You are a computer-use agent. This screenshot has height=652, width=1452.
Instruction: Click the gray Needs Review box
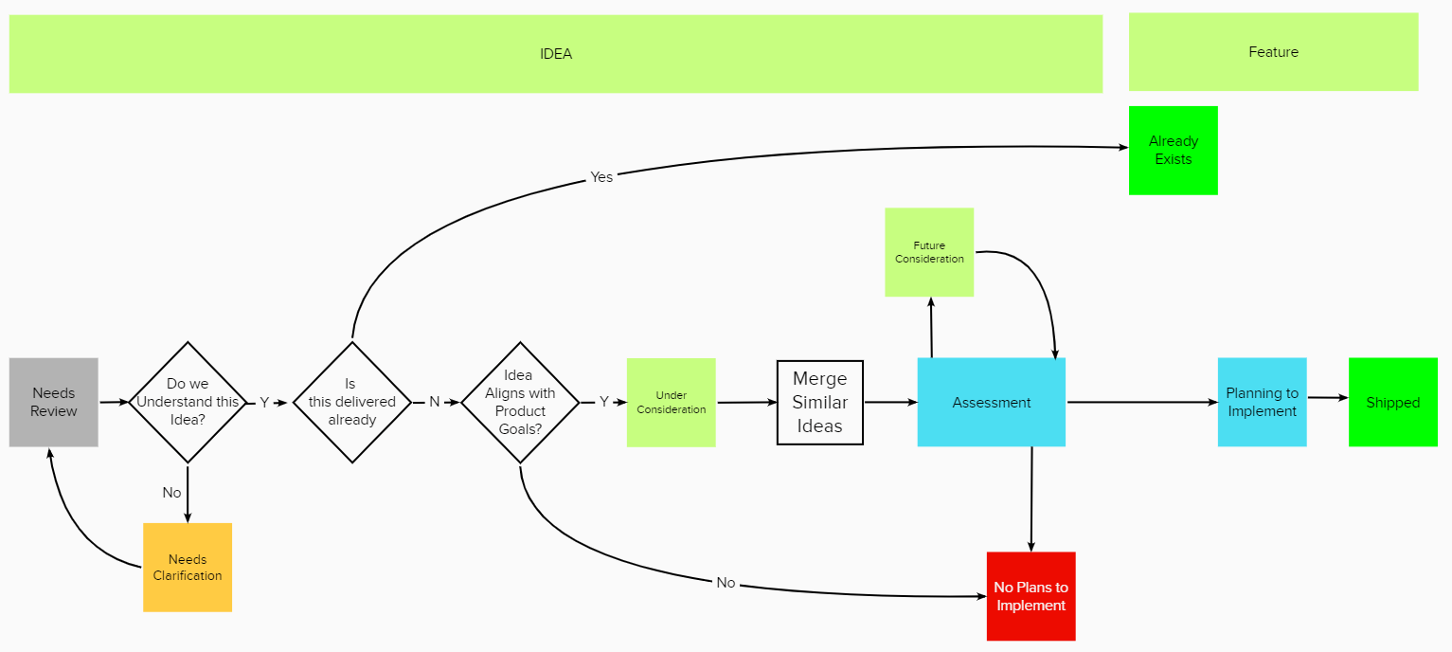point(54,402)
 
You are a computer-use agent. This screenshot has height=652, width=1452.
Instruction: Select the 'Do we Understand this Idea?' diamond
point(188,402)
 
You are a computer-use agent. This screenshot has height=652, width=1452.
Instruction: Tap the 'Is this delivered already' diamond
point(351,402)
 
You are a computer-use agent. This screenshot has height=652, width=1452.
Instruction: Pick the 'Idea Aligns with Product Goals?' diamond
point(520,402)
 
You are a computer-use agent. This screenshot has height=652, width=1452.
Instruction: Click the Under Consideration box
point(671,402)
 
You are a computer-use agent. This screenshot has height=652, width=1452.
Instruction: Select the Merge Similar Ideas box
point(819,402)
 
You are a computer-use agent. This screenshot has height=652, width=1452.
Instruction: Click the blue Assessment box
point(991,402)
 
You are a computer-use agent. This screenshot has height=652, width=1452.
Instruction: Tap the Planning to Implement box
point(1262,402)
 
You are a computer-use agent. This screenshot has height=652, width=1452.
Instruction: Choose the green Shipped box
point(1392,402)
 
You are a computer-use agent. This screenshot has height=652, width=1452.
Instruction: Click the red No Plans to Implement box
point(1031,596)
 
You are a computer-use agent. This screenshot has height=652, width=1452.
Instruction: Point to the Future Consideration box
point(929,252)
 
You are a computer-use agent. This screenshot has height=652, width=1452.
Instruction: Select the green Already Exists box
point(1173,150)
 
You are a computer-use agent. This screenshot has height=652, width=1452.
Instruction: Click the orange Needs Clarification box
point(188,567)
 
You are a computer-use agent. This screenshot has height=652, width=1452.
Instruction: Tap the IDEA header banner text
point(556,54)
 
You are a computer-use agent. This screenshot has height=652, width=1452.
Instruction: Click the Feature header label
point(1273,52)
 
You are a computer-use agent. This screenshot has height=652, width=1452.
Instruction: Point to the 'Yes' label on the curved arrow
point(601,177)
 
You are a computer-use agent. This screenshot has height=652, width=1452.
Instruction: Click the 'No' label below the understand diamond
point(171,493)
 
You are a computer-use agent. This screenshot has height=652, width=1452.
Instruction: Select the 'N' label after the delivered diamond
point(435,402)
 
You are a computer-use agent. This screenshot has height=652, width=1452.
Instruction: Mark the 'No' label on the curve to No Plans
point(726,583)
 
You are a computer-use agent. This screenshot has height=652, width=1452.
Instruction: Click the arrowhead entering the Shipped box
point(1342,399)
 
